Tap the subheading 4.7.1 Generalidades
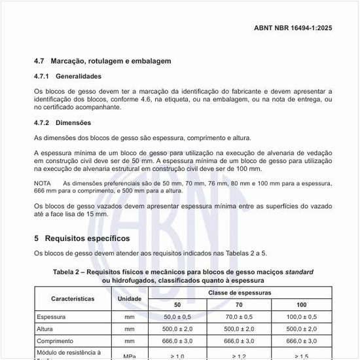[77, 77]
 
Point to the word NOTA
[43, 183]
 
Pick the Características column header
[72, 298]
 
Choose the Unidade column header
[129, 298]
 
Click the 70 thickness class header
[240, 305]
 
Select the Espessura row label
[52, 317]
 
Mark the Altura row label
[45, 329]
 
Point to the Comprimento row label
[57, 341]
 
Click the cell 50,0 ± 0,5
[177, 317]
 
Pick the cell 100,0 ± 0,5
[302, 317]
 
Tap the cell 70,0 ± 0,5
[240, 317]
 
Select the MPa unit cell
[129, 355]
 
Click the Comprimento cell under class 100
[302, 341]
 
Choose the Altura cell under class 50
[177, 329]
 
